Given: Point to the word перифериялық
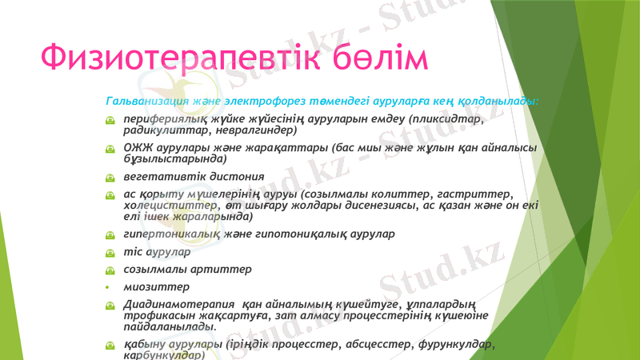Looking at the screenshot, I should [x=163, y=119].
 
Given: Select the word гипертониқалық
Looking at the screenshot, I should [x=173, y=235].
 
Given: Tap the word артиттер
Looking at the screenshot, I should [x=222, y=270].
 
